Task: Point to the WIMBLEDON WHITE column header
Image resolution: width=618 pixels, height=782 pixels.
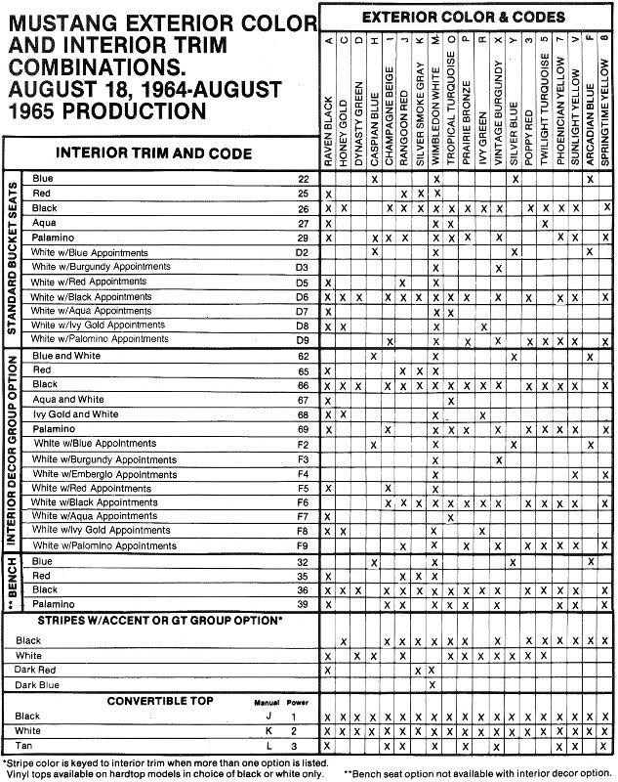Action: click(x=434, y=123)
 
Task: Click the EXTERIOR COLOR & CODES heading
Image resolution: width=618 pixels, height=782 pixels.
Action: click(x=463, y=18)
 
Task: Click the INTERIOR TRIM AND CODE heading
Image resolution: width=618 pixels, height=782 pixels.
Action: click(x=163, y=152)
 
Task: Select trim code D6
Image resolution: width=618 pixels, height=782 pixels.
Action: click(x=303, y=296)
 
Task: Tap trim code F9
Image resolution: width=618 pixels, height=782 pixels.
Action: click(x=303, y=544)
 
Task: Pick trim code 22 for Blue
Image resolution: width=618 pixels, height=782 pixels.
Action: click(x=304, y=179)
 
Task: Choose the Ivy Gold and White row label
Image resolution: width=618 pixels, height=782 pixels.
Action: click(x=75, y=414)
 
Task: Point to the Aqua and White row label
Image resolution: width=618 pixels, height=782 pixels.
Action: click(x=68, y=400)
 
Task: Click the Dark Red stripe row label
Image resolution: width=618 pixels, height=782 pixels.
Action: click(x=37, y=670)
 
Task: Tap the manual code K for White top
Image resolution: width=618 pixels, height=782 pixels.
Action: click(x=256, y=730)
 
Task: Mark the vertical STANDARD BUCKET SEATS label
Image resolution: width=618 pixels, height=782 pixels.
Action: click(x=14, y=258)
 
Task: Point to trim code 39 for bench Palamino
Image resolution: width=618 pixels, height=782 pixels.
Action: click(x=304, y=605)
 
